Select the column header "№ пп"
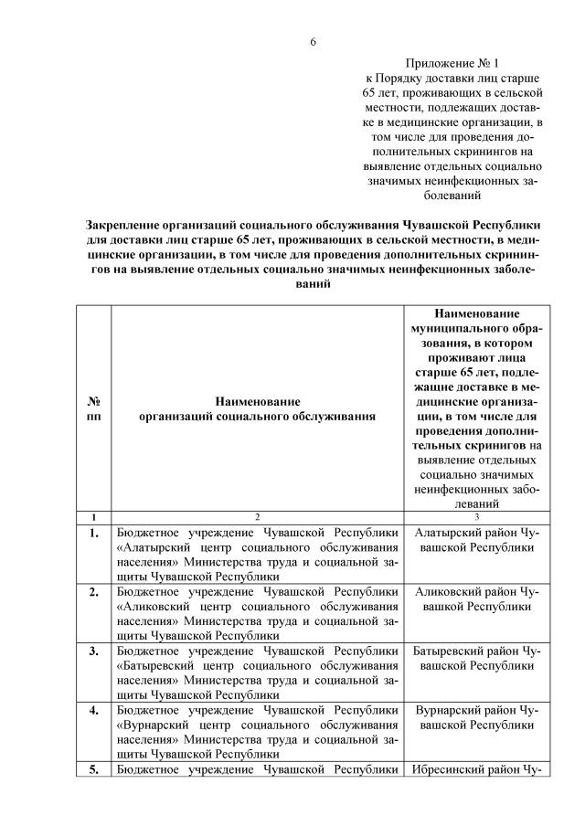click(94, 408)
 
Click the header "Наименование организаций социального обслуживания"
click(257, 408)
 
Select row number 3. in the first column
click(94, 651)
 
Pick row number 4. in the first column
click(94, 710)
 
